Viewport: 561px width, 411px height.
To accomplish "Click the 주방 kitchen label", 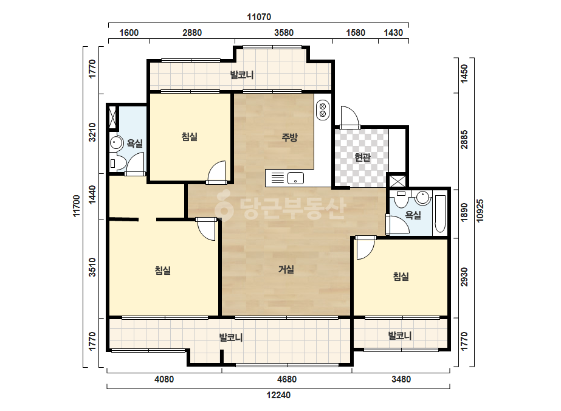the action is (x=289, y=137).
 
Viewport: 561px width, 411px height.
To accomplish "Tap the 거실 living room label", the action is (x=286, y=269).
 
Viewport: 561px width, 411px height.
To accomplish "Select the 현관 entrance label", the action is (x=362, y=157).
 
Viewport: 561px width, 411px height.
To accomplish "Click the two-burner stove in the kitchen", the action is (x=323, y=110).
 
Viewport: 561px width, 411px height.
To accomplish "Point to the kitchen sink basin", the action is (x=295, y=178).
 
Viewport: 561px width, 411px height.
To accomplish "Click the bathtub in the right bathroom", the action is (x=440, y=214).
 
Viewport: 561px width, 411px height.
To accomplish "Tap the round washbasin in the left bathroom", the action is (x=115, y=143).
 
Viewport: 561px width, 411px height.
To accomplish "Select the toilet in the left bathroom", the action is (x=117, y=164).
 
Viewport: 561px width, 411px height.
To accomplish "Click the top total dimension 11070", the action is (x=259, y=17).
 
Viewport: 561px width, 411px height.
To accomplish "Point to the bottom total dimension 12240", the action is (x=278, y=395).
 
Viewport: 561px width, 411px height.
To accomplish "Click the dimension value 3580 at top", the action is (x=284, y=33).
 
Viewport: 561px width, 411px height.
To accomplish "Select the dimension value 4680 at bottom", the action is (x=287, y=379).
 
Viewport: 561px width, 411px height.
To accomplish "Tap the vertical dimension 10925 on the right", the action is (x=480, y=210).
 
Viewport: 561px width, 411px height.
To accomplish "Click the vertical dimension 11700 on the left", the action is (x=77, y=206).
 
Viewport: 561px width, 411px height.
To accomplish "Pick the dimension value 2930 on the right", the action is (x=464, y=277).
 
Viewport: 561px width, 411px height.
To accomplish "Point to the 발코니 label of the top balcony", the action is (x=242, y=75).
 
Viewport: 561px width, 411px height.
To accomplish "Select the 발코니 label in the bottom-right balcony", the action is (x=400, y=336).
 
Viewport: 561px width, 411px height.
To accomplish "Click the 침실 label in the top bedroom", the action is (x=189, y=137).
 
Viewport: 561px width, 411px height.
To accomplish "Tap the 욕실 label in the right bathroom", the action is (x=413, y=215).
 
